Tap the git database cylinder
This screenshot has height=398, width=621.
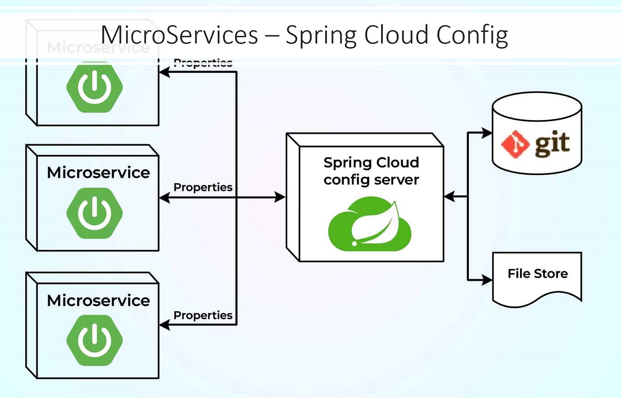537,133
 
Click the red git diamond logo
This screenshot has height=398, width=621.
515,144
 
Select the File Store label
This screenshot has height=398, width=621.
538,273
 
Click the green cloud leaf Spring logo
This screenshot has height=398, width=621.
369,225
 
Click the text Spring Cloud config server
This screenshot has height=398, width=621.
371,171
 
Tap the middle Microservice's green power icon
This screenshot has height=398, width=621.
94,213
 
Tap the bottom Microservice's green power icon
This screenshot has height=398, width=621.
94,340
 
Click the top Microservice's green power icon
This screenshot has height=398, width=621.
94,87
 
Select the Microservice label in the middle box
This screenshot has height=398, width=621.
98,172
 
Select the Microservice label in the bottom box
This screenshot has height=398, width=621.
98,300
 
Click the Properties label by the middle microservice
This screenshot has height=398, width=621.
203,187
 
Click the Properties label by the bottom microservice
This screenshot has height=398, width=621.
203,315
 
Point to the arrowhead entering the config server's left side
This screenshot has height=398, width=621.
280,197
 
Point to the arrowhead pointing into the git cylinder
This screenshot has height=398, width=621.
487,133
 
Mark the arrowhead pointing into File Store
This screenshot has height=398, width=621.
487,280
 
